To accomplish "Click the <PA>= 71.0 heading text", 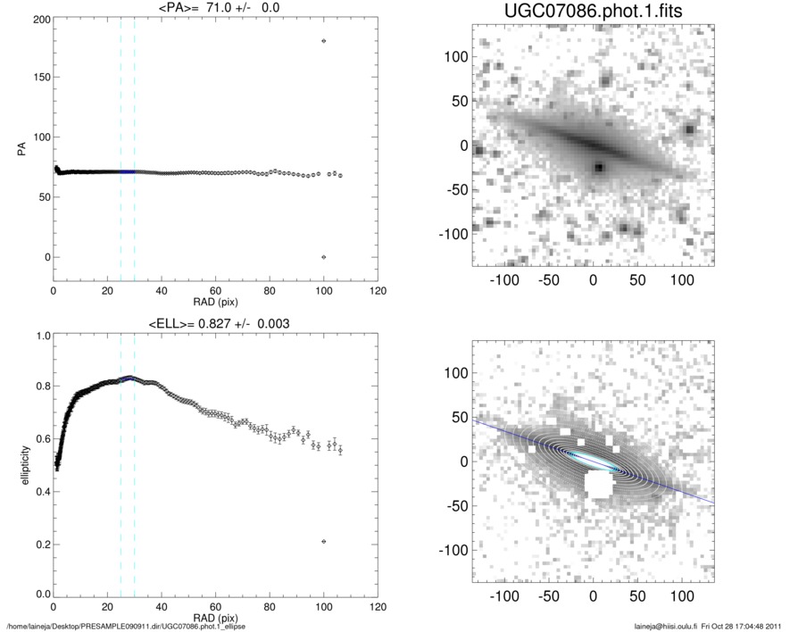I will (216, 8).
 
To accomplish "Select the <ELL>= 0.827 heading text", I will (216, 323).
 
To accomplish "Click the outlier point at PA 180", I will (324, 41).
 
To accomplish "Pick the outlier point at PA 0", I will (324, 257).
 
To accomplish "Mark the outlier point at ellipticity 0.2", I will (324, 541).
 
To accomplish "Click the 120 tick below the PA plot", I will (378, 292).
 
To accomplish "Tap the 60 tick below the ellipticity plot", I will (216, 606).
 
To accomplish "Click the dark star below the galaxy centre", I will (600, 167).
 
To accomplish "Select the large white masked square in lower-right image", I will (596, 485).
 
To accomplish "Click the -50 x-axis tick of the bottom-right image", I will (547, 595).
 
